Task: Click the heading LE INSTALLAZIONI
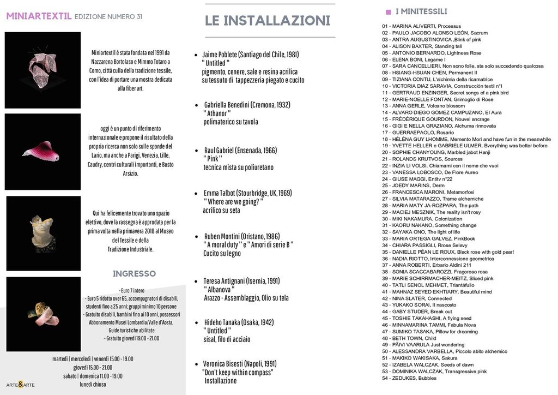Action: [x=268, y=21]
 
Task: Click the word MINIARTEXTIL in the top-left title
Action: [x=39, y=16]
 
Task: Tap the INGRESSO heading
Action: [x=134, y=273]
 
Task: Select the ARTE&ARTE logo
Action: [x=20, y=385]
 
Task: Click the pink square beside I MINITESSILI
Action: [x=388, y=11]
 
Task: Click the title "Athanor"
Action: [x=217, y=113]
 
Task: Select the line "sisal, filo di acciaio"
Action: [x=227, y=339]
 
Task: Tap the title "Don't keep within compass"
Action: [x=238, y=372]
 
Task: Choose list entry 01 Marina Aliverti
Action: [x=421, y=26]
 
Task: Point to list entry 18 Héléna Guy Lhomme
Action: [x=466, y=139]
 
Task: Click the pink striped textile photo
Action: [x=43, y=151]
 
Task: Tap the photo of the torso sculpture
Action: [x=43, y=233]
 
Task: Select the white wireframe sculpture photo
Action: [x=43, y=69]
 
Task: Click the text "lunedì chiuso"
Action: [x=93, y=384]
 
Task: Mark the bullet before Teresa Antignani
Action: [x=196, y=282]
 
